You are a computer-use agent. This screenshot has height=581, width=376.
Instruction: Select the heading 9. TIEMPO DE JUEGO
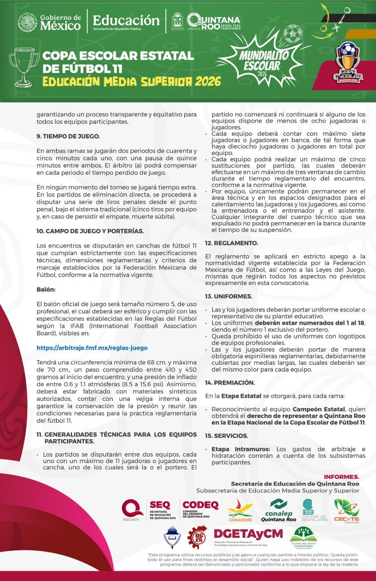(x=68, y=136)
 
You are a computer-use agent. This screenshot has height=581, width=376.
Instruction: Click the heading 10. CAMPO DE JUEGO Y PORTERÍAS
(x=90, y=231)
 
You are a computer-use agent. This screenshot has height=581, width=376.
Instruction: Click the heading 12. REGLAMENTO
(x=231, y=242)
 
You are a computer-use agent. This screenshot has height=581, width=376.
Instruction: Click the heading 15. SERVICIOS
(x=227, y=435)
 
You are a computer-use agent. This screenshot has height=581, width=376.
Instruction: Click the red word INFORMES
(x=341, y=476)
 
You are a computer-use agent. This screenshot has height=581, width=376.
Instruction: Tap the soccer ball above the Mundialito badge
(x=291, y=34)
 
